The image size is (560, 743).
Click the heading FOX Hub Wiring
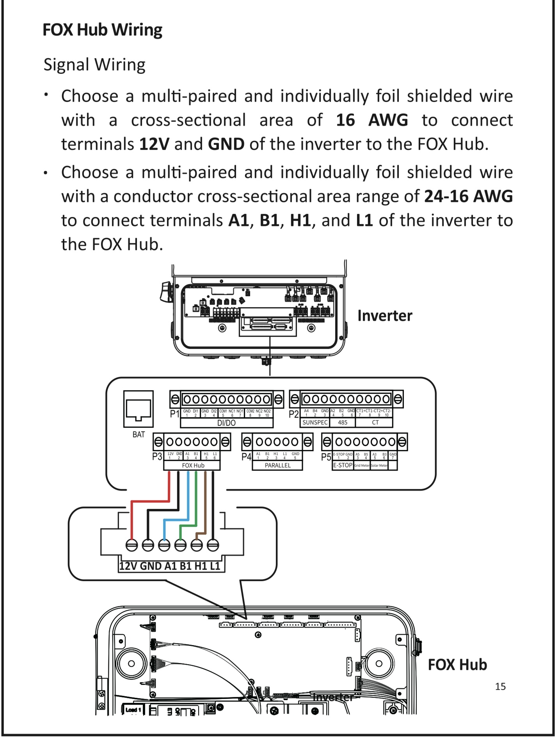102,30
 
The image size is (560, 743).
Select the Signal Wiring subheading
94,65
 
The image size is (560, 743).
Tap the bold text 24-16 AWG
468,196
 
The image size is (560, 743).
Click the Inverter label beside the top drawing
385,316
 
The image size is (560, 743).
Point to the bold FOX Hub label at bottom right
457,665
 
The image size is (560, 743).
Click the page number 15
500,686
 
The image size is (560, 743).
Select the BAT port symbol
139,409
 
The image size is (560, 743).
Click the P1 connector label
174,414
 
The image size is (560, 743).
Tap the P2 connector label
293,414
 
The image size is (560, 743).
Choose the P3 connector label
157,457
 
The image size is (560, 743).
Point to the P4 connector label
246,457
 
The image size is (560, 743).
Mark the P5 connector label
326,457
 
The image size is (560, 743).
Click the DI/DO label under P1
226,423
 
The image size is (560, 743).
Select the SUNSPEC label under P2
315,423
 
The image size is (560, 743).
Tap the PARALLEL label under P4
277,466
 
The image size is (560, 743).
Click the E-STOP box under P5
343,465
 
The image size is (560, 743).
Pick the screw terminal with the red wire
132,545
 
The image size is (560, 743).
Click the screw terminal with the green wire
180,545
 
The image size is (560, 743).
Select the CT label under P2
375,423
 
